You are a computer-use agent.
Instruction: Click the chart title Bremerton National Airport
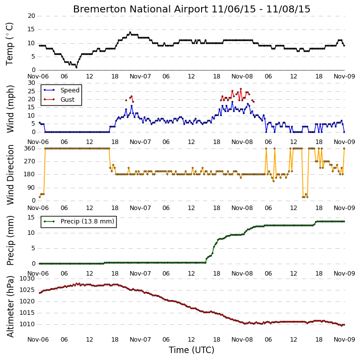(141, 9)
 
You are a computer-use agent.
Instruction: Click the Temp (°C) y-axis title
(9, 44)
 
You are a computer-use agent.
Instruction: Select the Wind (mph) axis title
(10, 109)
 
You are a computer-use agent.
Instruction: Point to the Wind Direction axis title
(10, 174)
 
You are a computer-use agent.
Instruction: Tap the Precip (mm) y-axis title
(10, 240)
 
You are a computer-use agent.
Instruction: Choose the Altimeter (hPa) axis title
(10, 306)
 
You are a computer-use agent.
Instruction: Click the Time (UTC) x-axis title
(192, 350)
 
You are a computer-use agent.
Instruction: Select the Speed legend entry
(70, 90)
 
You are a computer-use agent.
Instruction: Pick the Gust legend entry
(68, 100)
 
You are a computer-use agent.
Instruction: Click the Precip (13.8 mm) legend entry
(87, 221)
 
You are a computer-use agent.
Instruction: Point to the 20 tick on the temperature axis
(31, 16)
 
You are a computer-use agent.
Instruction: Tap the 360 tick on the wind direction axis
(30, 148)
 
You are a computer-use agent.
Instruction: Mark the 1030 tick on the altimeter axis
(27, 279)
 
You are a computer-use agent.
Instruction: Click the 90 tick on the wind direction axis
(31, 188)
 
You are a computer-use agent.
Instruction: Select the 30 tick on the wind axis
(31, 83)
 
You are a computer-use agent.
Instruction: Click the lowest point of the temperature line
(76, 68)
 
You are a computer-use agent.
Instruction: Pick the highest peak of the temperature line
(130, 32)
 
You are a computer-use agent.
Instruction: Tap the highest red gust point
(241, 89)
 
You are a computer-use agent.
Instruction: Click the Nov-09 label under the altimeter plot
(344, 340)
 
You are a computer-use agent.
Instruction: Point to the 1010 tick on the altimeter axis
(27, 324)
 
